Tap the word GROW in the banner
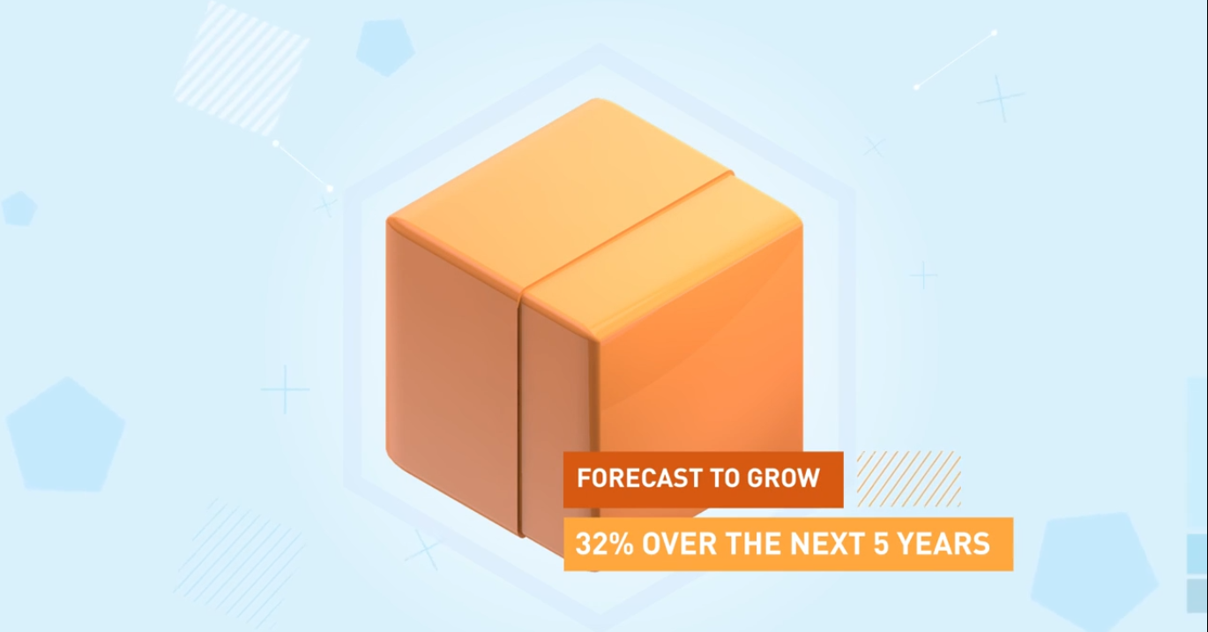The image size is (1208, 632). pyautogui.click(x=783, y=478)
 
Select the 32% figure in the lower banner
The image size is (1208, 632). pyautogui.click(x=604, y=544)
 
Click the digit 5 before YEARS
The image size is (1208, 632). pyautogui.click(x=880, y=544)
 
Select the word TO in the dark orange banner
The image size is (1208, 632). pyautogui.click(x=724, y=478)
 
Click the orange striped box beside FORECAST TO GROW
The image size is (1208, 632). pyautogui.click(x=909, y=478)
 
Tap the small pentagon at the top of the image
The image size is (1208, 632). pyautogui.click(x=385, y=48)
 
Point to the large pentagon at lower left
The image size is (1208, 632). pyautogui.click(x=66, y=435)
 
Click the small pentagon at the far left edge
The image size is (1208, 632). pyautogui.click(x=19, y=208)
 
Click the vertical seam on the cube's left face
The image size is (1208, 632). pyautogui.click(x=520, y=418)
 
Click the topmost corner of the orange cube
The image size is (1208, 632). pyautogui.click(x=596, y=99)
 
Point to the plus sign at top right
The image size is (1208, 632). pyautogui.click(x=1001, y=99)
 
